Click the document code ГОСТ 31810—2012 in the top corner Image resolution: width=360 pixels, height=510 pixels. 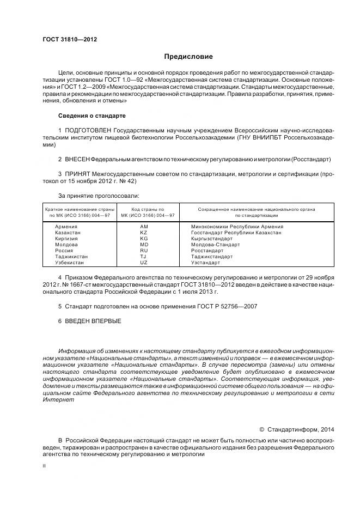point(70,39)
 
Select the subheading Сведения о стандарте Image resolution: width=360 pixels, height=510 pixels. point(91,116)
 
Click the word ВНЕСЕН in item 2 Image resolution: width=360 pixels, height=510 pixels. point(77,159)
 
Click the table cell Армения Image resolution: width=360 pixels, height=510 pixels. point(66,226)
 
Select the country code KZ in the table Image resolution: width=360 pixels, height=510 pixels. point(144,232)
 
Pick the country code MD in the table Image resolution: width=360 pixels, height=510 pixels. point(144,244)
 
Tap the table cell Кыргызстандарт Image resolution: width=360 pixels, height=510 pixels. point(212,238)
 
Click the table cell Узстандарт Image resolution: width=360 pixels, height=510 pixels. point(206,262)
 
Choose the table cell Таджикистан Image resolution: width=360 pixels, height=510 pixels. point(71,256)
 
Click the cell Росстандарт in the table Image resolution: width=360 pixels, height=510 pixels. point(207,250)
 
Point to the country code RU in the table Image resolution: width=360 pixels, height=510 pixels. point(144,250)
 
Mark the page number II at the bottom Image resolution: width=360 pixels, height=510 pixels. point(44,466)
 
